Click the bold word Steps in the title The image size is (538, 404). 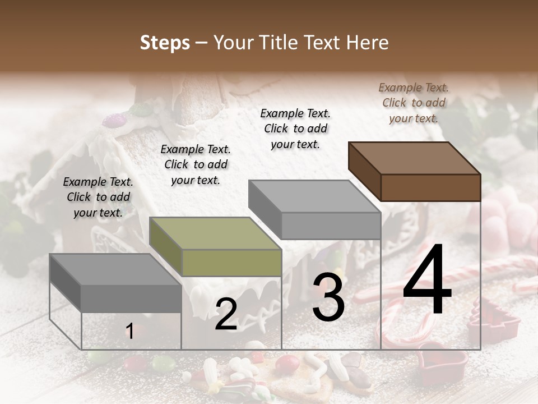point(165,43)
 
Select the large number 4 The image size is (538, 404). point(427,280)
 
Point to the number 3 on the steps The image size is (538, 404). point(328,297)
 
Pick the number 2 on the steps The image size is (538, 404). point(226,314)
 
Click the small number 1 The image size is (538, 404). point(129,332)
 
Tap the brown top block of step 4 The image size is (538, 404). point(415,172)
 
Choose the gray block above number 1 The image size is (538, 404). point(116,283)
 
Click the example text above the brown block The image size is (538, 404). point(414,103)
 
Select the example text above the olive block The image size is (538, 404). point(196,164)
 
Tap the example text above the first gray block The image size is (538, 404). point(98,197)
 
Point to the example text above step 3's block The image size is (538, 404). point(295,128)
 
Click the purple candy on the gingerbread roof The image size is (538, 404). point(114,120)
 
